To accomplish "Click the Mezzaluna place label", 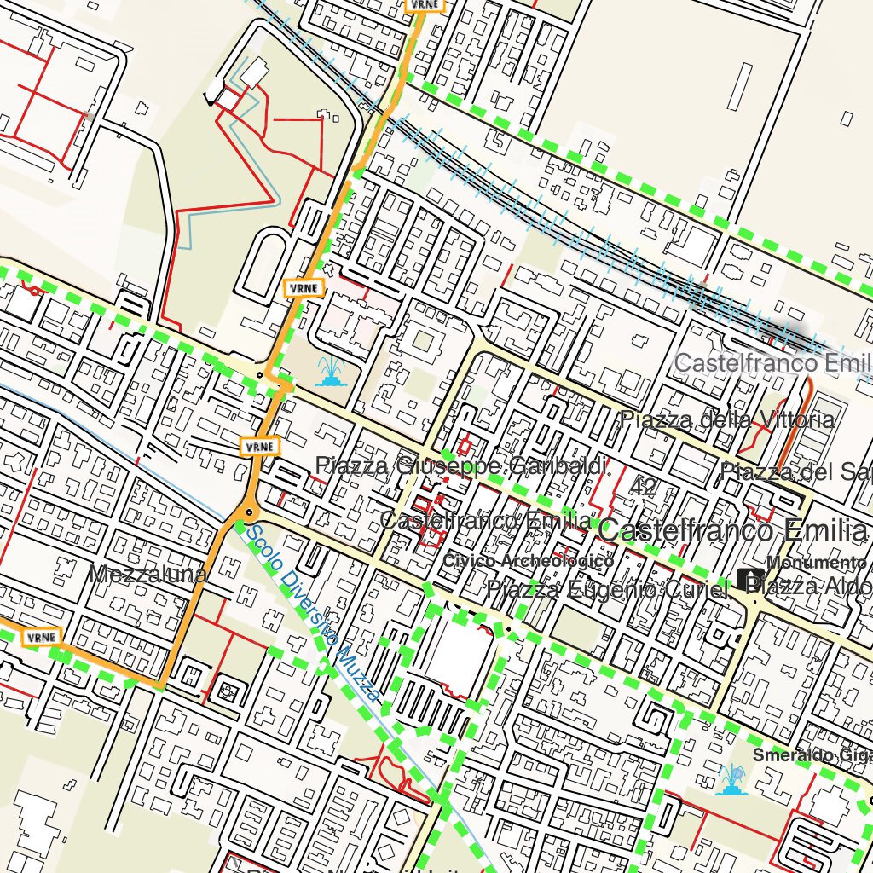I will coord(148,575).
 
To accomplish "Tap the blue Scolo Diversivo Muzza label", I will coord(311,613).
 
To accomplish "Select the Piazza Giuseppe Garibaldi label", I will coord(463,466).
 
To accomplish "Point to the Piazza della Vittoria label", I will coord(727,419).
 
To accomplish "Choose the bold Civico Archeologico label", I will coord(528,561).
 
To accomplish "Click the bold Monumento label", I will coord(816,563).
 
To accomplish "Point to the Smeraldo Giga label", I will coord(812,755).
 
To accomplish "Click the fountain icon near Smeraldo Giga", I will coord(731,779).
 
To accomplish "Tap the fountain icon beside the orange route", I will coord(329,372).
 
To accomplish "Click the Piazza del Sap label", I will coord(795,471).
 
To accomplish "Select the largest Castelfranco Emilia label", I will coord(733,530).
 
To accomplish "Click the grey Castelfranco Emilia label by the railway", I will coord(772,363).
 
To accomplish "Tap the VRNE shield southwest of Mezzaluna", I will coord(41,637).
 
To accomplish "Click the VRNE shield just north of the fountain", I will coord(304,288).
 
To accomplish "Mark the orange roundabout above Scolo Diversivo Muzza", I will coord(249,512).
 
